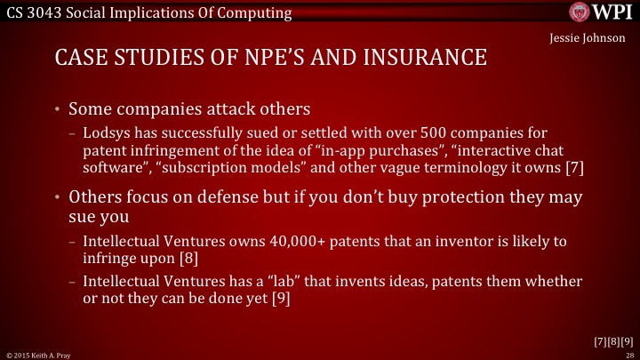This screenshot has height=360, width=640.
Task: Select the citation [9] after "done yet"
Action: point(280,298)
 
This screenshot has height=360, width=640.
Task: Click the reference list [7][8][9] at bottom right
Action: point(613,340)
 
